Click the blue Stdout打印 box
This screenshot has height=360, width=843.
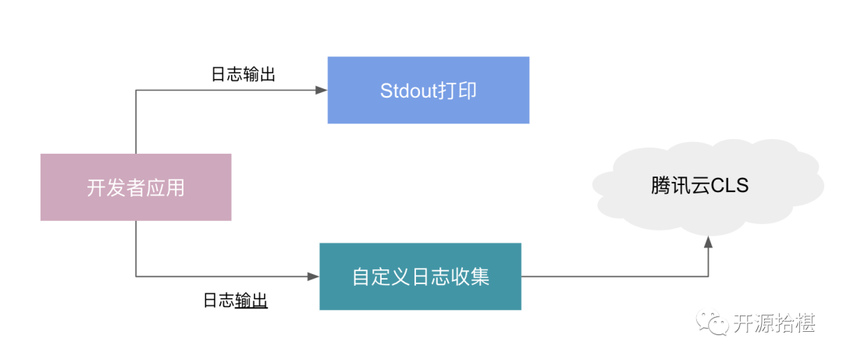point(428,90)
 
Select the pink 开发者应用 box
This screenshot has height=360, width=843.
point(136,187)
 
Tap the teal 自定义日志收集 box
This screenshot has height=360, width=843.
point(420,276)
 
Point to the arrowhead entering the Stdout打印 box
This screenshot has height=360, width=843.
point(322,91)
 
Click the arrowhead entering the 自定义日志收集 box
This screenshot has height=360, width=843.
point(314,276)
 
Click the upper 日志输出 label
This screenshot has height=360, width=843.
point(243,75)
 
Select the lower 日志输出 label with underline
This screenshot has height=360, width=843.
point(235,301)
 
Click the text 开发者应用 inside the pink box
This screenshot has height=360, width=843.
point(136,188)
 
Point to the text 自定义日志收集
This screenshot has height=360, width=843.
point(420,277)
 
